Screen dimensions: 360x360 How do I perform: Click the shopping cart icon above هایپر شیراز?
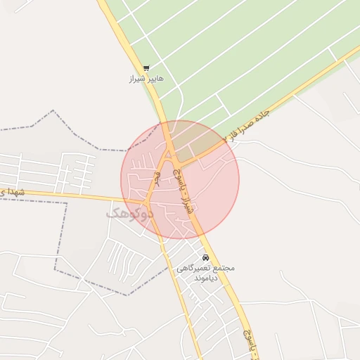pyautogui.click(x=146, y=68)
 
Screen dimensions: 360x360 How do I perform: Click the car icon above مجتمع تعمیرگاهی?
pyautogui.click(x=205, y=258)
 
